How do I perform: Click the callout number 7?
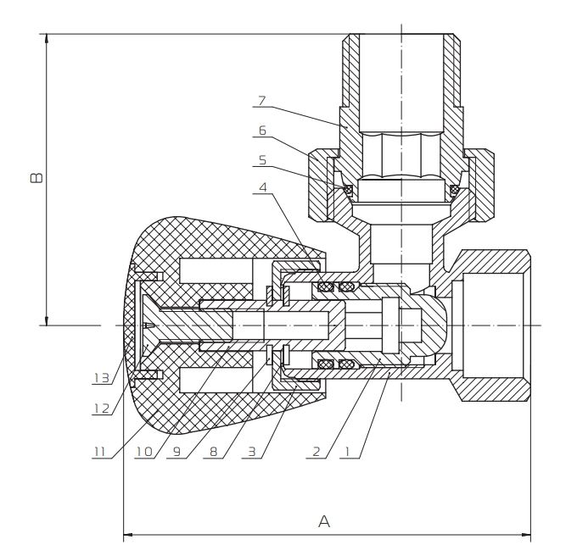coord(261,101)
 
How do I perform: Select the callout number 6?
coord(261,131)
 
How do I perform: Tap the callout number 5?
coord(261,159)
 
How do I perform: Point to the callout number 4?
coord(263,187)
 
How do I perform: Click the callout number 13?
coord(101,378)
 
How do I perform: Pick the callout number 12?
coord(101,409)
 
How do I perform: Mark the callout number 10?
coord(143,452)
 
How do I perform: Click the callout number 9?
coord(176,452)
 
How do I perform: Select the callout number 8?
coord(213,452)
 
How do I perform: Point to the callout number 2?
coord(316,452)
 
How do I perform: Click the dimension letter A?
coord(323,522)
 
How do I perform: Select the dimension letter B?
coord(36,178)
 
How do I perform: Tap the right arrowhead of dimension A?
coord(526,536)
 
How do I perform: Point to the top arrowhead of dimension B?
coord(47,39)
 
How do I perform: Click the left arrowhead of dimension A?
coord(129,536)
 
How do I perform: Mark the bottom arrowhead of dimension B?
coord(47,320)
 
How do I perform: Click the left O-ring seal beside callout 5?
coord(347,189)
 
